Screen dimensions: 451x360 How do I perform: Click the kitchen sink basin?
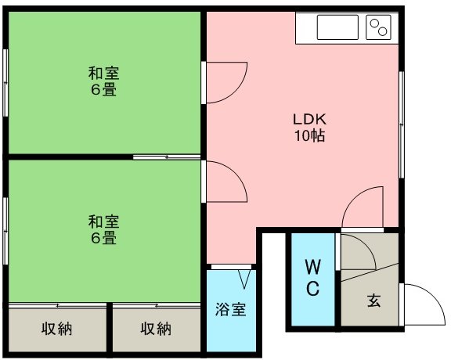click(x=337, y=27)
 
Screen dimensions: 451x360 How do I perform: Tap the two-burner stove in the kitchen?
click(x=378, y=27)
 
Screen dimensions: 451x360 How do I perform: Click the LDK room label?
click(x=310, y=119)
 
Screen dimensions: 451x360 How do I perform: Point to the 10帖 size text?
click(x=309, y=135)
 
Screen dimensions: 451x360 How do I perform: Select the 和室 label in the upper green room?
click(x=103, y=73)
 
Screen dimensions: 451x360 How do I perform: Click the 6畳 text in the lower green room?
click(x=103, y=239)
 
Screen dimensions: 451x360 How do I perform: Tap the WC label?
click(x=312, y=278)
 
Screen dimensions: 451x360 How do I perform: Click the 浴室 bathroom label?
click(x=231, y=310)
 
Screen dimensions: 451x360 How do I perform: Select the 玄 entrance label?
click(x=373, y=301)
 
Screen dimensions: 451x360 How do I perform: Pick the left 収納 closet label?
click(x=56, y=329)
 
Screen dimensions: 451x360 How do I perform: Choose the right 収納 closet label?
click(x=156, y=329)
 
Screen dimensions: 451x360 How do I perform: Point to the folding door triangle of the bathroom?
click(x=244, y=279)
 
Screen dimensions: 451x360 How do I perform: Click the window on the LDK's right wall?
click(x=402, y=124)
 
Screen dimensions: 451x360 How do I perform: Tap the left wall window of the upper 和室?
click(x=5, y=83)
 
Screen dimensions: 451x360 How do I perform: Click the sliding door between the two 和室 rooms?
click(x=167, y=157)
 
